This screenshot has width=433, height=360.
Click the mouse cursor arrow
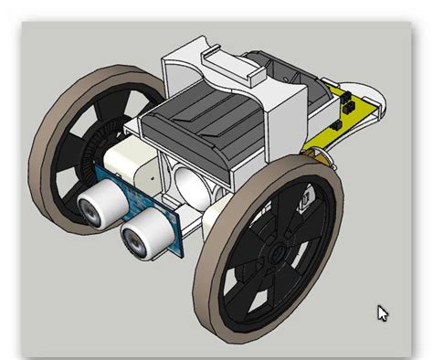coord(383,312)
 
